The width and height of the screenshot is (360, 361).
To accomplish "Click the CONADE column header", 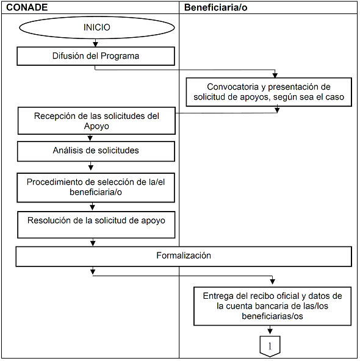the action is [x=27, y=7].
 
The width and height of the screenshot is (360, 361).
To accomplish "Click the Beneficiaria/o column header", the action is [x=215, y=7].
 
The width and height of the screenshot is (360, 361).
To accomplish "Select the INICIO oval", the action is [x=97, y=27].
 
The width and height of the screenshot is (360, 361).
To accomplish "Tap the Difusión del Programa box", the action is [x=96, y=56].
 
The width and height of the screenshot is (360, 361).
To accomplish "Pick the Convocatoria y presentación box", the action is [x=269, y=92].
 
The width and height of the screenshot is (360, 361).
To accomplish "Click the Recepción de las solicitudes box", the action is [x=96, y=121].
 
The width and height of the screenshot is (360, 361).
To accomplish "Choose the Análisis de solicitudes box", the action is [x=96, y=151].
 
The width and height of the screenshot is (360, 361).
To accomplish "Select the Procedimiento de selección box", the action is [x=96, y=188].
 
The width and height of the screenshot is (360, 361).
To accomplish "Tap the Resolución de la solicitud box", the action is [x=96, y=224].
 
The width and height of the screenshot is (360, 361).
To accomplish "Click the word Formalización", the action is [x=184, y=256].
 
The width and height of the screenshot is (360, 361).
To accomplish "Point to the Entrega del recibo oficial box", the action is [x=273, y=306].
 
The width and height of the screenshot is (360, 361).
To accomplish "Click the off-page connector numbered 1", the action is [x=270, y=346].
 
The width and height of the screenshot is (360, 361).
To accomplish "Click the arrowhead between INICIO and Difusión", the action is [x=95, y=44].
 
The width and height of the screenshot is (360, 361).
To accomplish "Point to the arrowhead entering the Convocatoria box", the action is [x=275, y=75].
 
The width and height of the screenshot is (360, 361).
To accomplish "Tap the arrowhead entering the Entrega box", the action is [x=273, y=281].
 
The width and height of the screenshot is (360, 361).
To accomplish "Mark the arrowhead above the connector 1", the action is [x=270, y=331].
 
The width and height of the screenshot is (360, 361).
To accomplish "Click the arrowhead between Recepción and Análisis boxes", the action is [x=90, y=138].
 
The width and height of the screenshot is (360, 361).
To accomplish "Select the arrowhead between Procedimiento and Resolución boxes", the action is [x=92, y=207].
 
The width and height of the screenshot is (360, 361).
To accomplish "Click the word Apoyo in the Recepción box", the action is [x=96, y=126].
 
